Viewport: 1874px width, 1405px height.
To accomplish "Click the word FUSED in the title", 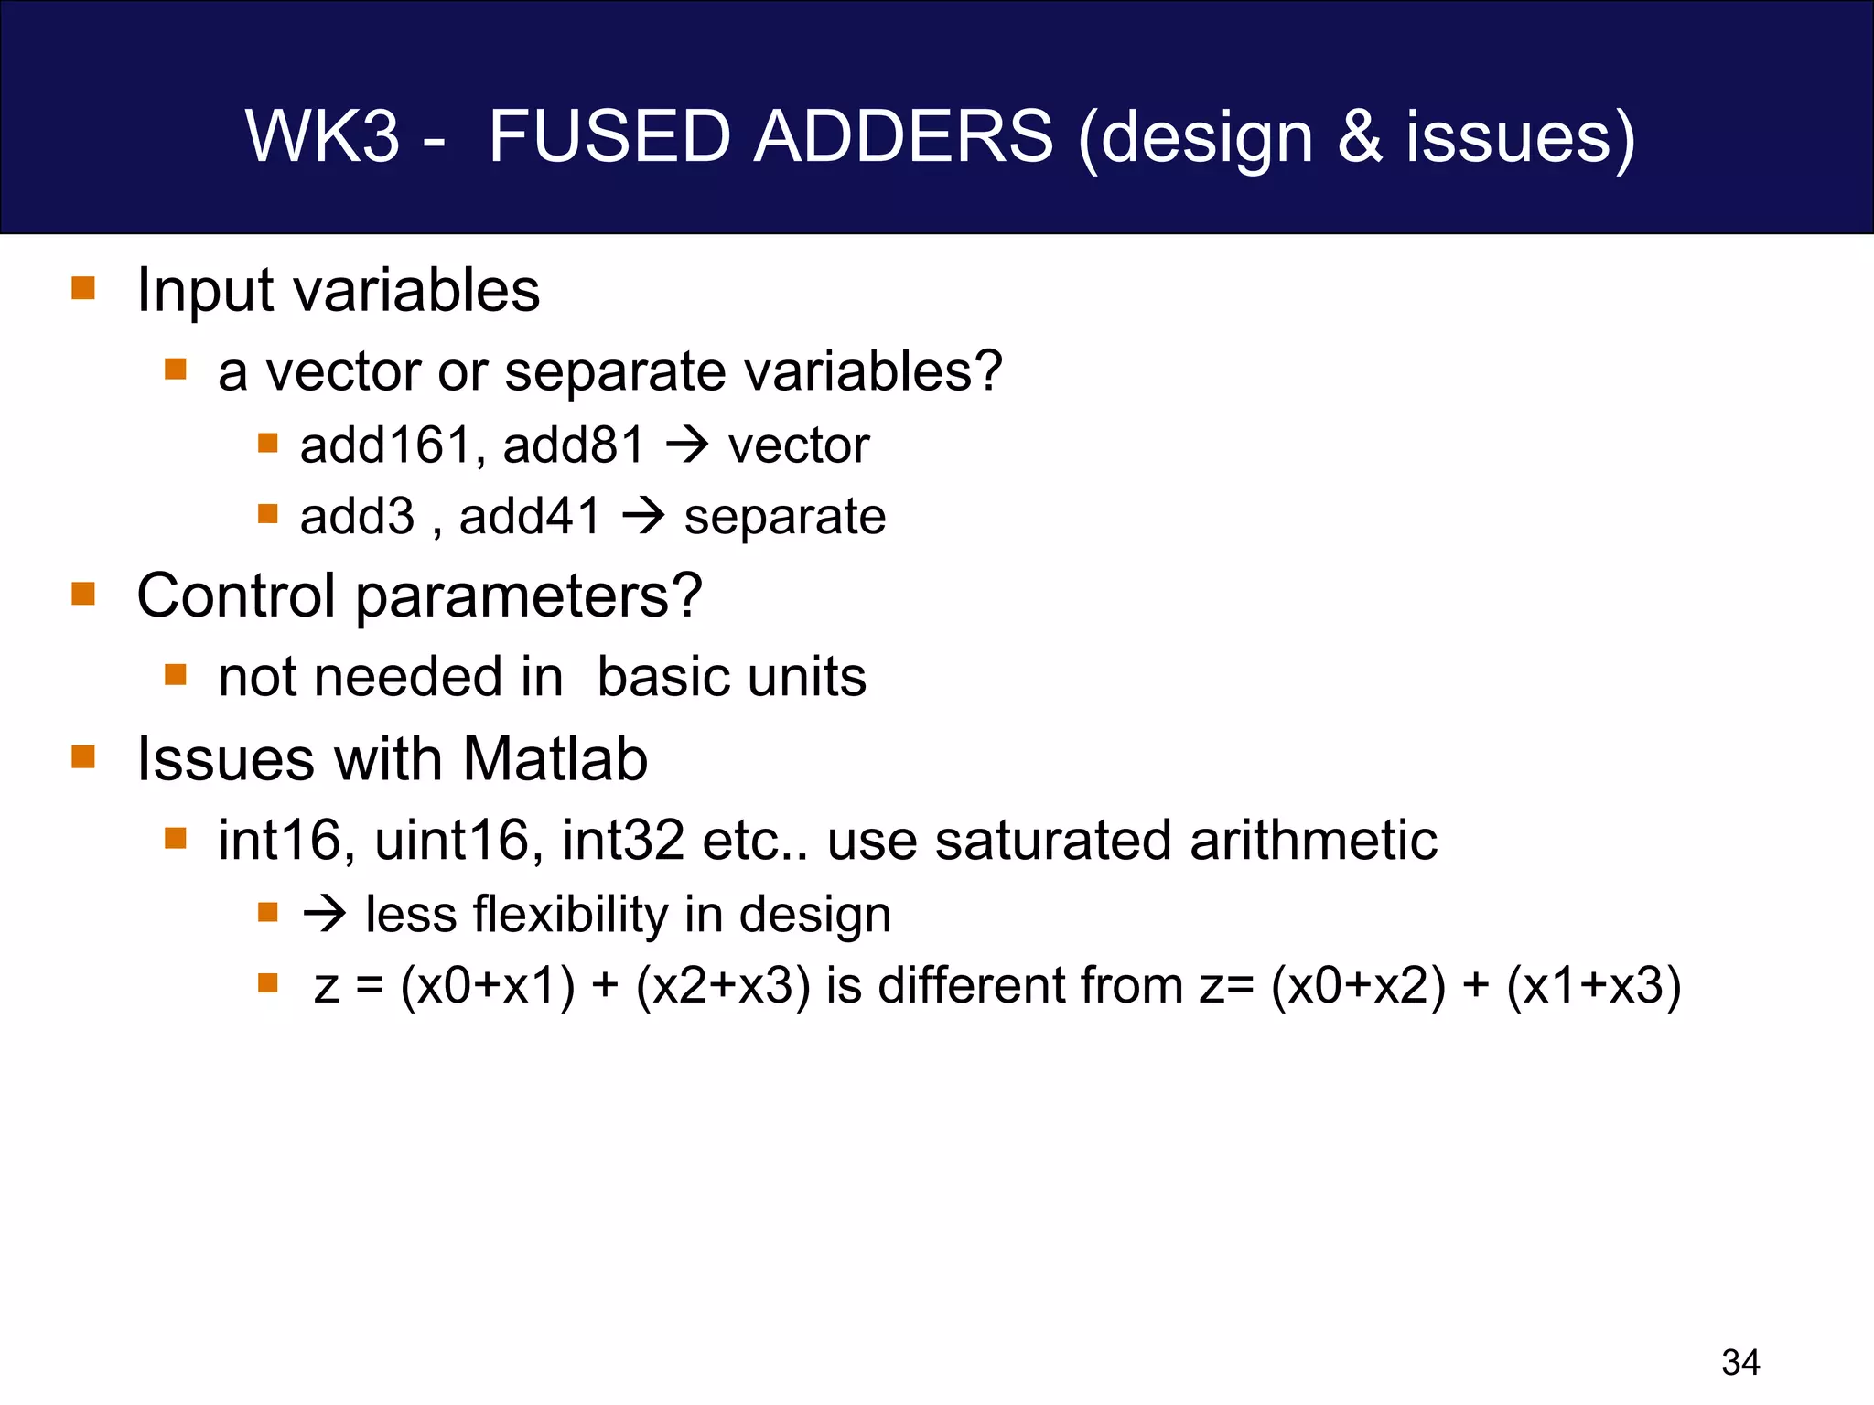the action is coord(609,137).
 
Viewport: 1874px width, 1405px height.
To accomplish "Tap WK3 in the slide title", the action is coord(323,137).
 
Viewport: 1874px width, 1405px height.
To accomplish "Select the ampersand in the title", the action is coord(1360,137).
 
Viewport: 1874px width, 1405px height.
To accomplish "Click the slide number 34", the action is coord(1740,1363).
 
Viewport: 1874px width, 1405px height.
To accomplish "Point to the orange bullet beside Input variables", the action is coord(83,289).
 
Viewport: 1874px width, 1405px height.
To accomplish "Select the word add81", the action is coord(574,445).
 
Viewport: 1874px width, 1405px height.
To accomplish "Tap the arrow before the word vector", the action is coord(687,445).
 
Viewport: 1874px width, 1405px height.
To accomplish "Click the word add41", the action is coord(530,517).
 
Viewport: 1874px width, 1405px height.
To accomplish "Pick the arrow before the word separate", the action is coord(643,517).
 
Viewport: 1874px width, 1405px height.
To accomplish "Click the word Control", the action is coord(236,595).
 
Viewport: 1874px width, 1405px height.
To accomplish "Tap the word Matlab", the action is coord(555,759).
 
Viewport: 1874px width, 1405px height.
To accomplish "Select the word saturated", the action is coord(1052,841).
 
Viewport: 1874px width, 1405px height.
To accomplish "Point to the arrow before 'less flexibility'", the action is coord(325,914).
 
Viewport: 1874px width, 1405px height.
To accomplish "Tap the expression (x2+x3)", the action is coord(723,986).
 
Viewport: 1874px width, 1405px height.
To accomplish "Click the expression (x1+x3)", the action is coord(1593,986).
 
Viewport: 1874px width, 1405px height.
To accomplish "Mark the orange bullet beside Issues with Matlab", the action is coord(83,757).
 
